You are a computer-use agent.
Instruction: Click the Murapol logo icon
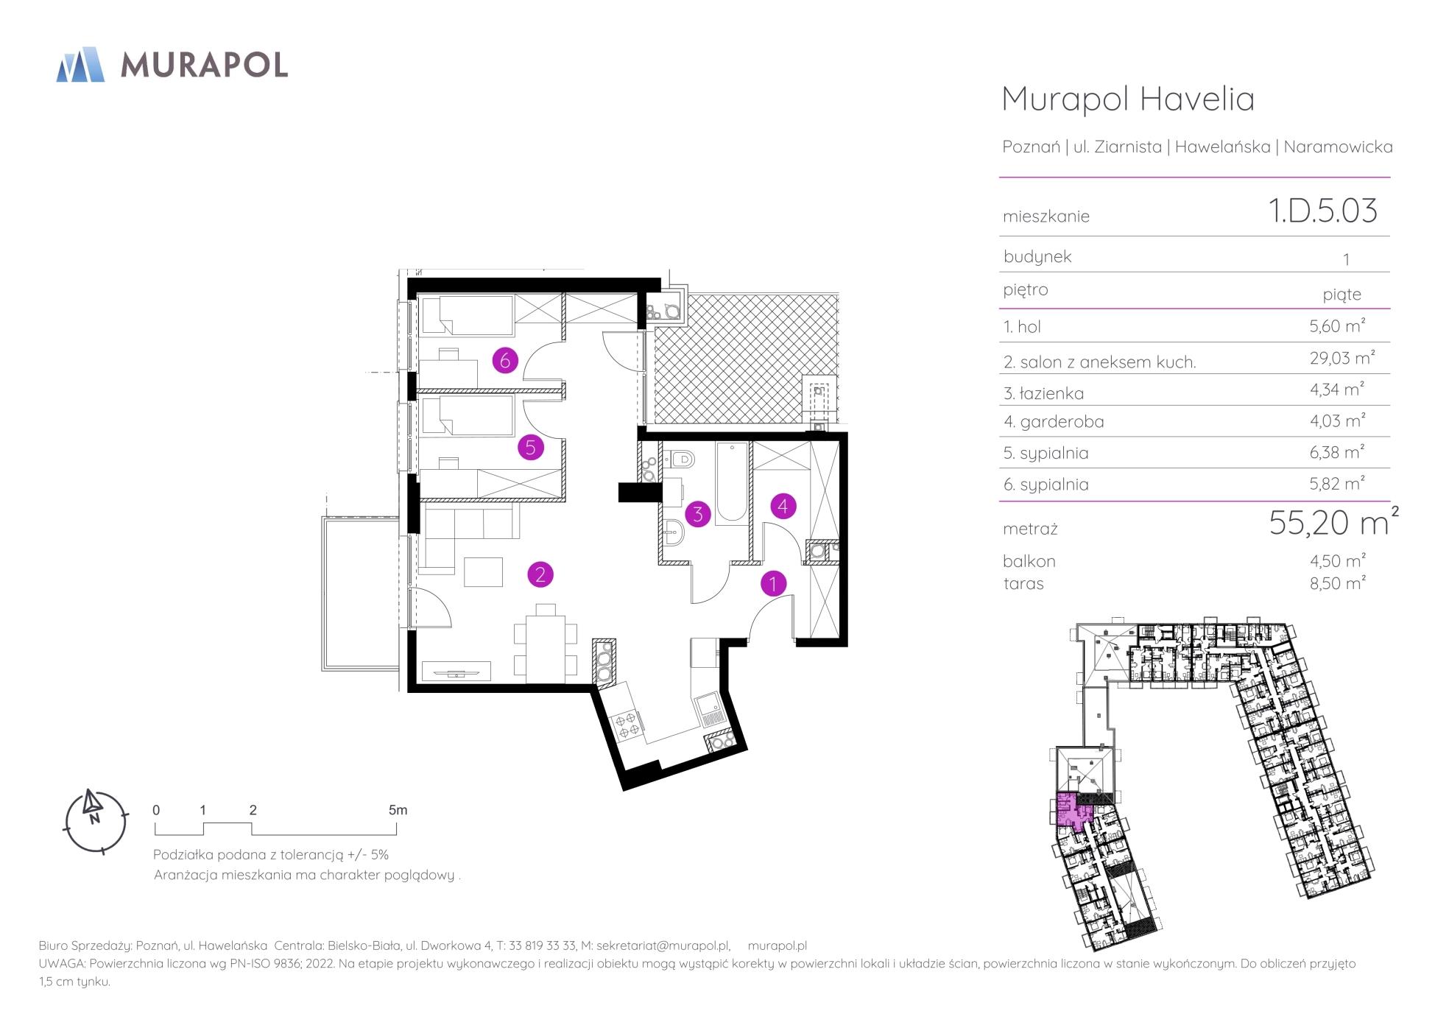click(x=80, y=64)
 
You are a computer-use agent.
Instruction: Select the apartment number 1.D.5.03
click(x=1322, y=211)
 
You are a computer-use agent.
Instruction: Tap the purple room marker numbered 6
click(x=505, y=361)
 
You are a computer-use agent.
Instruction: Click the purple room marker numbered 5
click(x=530, y=447)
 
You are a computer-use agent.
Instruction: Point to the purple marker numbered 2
click(x=540, y=574)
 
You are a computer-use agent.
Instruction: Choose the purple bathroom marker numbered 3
click(x=697, y=514)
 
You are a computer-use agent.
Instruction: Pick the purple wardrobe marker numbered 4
click(x=783, y=506)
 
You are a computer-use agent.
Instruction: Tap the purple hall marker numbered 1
click(x=773, y=583)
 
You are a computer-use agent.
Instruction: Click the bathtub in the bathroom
click(x=730, y=483)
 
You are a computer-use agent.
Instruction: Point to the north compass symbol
click(x=95, y=822)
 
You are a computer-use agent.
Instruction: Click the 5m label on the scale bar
click(x=398, y=810)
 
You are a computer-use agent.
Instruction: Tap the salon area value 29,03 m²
click(x=1341, y=359)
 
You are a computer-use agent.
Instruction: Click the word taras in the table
click(x=1023, y=584)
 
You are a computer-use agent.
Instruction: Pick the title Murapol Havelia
click(x=1128, y=99)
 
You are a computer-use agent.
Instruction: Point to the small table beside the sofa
click(x=483, y=572)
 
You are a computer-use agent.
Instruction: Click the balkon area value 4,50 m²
click(x=1338, y=560)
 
